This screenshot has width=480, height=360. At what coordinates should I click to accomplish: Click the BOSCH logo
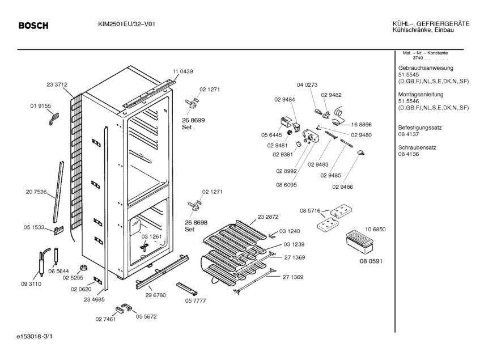coord(33,26)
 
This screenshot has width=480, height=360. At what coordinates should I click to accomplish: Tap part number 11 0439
coord(182,71)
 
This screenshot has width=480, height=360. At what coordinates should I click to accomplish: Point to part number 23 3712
coord(57,84)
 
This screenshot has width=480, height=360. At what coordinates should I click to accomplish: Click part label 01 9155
coord(40,106)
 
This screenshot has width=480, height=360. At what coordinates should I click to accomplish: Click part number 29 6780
coord(155,295)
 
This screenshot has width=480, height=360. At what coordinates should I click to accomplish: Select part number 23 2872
coord(268,218)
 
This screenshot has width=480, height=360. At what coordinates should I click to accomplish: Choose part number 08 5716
coord(310,211)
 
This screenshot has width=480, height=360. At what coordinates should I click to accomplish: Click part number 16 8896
coord(361,124)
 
